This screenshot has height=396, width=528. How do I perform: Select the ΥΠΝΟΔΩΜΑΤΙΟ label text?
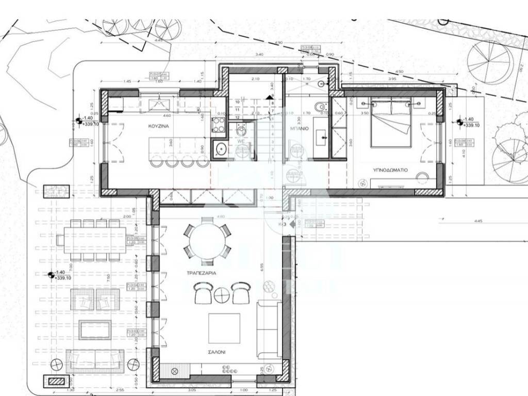391,169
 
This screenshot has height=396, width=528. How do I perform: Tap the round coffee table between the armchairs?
222,295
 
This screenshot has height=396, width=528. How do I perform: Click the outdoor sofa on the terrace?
95,360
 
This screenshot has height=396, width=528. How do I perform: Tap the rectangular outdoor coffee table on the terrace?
95,330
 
